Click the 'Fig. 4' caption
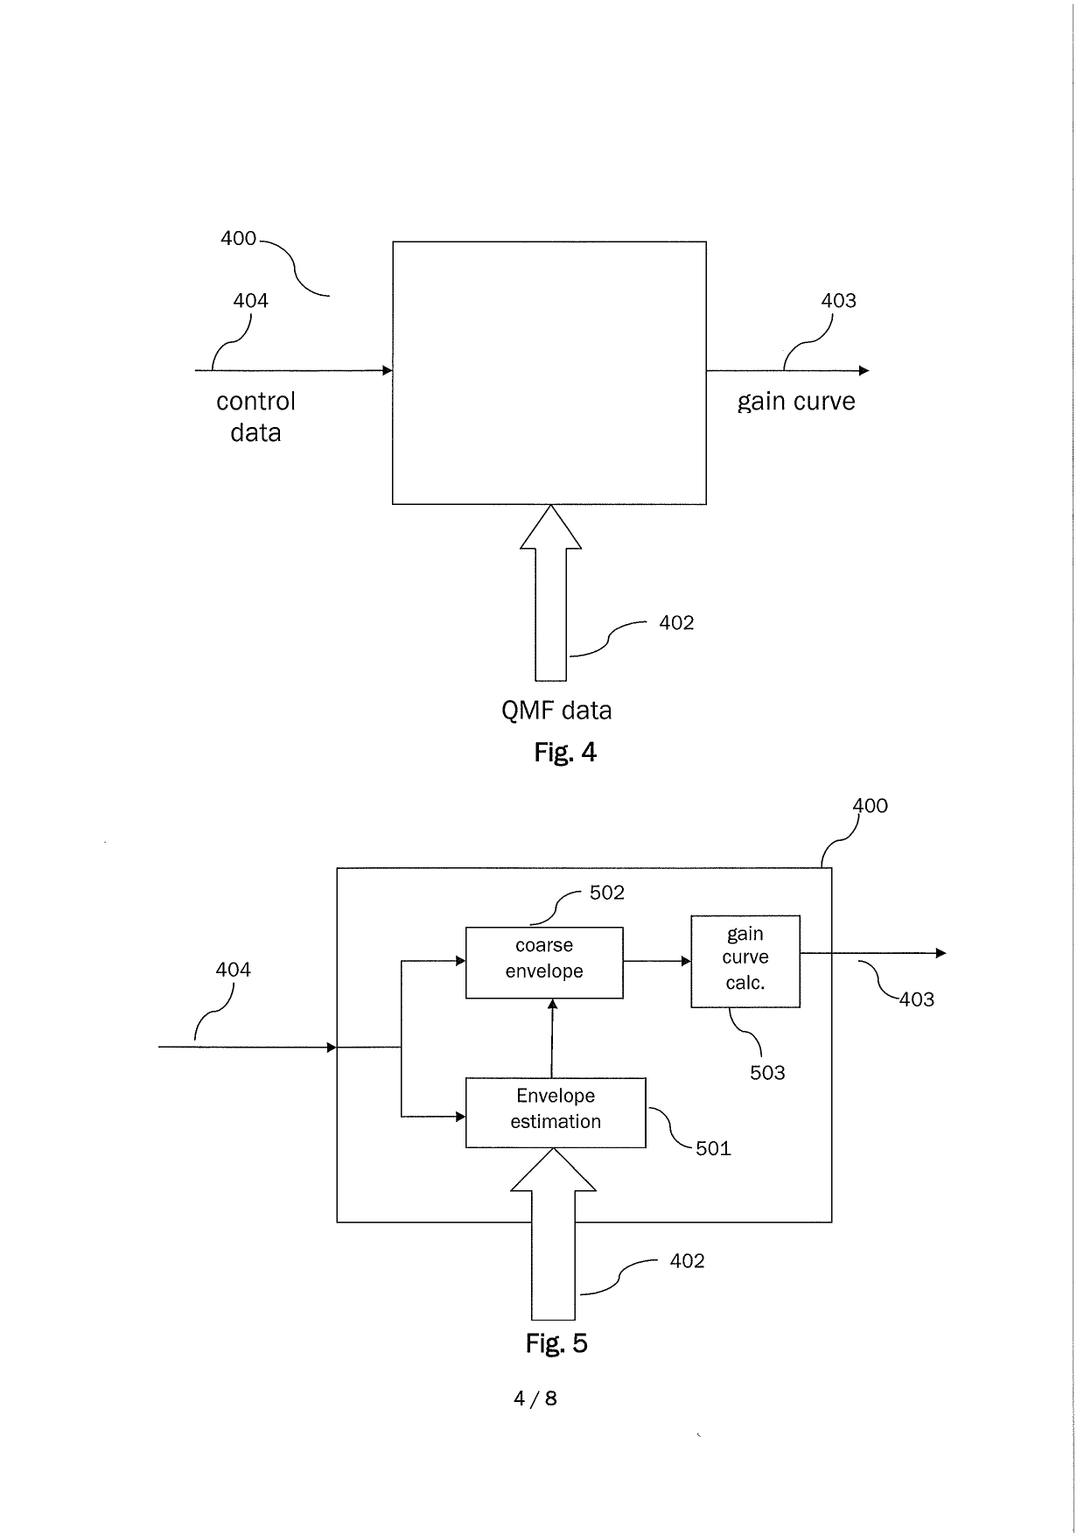click(x=565, y=753)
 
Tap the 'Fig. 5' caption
click(x=556, y=1343)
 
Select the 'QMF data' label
click(x=556, y=711)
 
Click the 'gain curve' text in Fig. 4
click(x=796, y=402)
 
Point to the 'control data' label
click(x=255, y=417)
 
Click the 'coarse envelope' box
click(x=544, y=963)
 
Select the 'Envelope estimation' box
click(x=556, y=1112)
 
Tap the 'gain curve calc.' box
click(x=745, y=961)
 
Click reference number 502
click(x=607, y=893)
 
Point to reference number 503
click(x=767, y=1073)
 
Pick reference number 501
click(x=713, y=1148)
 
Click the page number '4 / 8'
click(x=535, y=1398)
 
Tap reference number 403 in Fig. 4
click(x=838, y=301)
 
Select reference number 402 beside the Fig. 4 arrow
click(x=676, y=623)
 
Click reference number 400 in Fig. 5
click(x=870, y=806)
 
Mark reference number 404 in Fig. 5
click(x=234, y=970)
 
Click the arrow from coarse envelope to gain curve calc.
click(x=657, y=961)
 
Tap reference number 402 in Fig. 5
click(x=687, y=1261)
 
